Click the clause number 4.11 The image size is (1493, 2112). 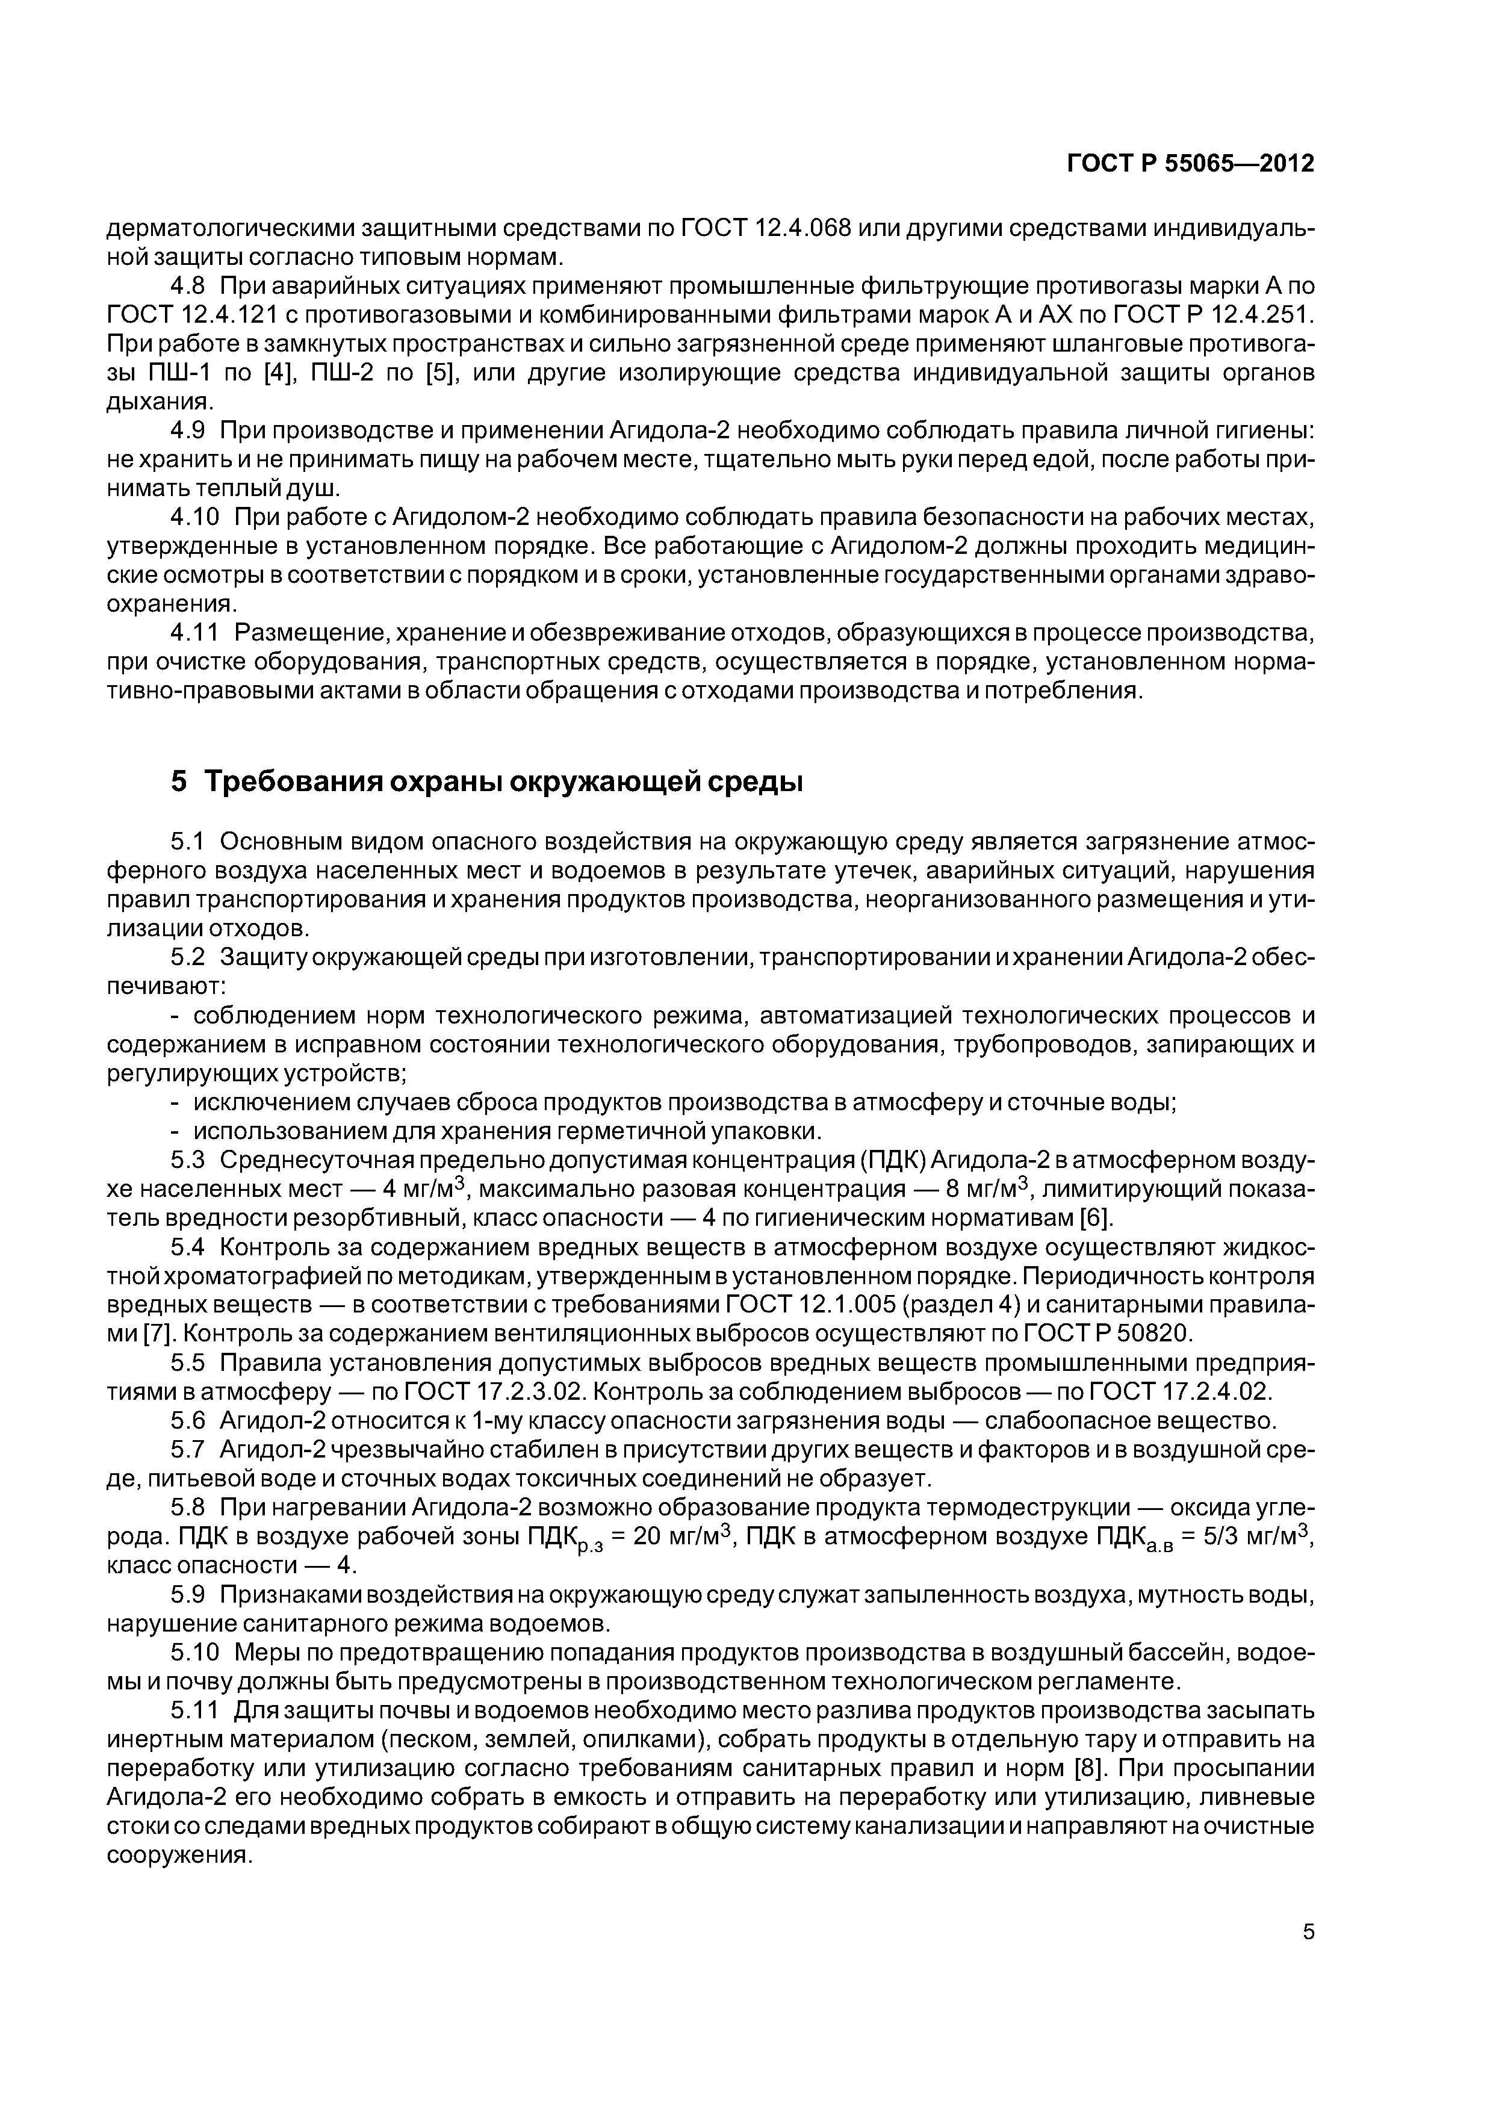pos(196,633)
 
